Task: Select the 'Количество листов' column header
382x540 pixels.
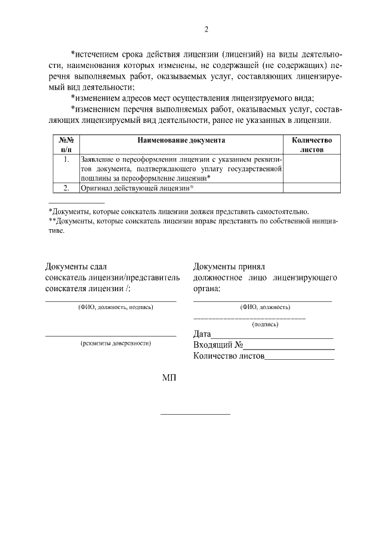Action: (x=311, y=145)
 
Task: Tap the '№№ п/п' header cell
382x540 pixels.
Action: (x=66, y=145)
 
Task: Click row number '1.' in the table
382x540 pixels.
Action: (x=66, y=160)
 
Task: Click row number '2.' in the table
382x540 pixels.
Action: (x=66, y=188)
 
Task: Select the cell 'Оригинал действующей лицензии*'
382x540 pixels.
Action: (x=138, y=188)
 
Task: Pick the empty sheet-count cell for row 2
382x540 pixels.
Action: (x=311, y=188)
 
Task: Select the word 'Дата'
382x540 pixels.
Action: (x=202, y=334)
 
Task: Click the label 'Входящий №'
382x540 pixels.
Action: (x=217, y=345)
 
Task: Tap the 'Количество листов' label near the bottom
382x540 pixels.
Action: (x=229, y=357)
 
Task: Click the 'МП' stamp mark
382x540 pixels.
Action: (x=170, y=378)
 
